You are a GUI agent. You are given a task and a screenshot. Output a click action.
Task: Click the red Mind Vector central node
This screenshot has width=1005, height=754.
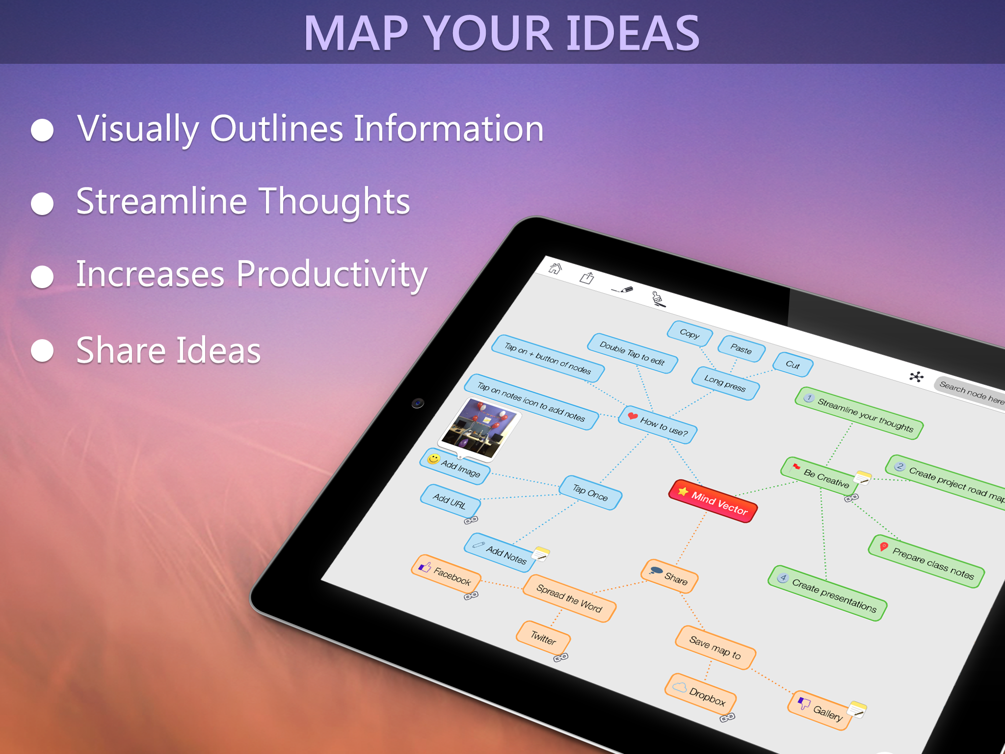click(x=713, y=501)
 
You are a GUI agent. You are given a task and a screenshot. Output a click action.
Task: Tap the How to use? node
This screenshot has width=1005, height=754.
click(x=658, y=425)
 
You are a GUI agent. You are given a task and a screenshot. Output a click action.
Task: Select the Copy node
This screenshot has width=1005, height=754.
click(x=689, y=333)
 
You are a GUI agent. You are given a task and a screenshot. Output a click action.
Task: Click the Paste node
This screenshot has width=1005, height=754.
click(x=741, y=349)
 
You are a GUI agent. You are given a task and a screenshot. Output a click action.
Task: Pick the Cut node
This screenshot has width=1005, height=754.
click(x=793, y=364)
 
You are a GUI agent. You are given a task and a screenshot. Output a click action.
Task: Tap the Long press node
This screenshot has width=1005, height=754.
click(x=725, y=383)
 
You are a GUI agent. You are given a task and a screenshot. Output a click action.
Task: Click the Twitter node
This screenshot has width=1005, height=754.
click(x=543, y=637)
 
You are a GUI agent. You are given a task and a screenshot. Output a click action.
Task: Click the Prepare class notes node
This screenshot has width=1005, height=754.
click(x=926, y=561)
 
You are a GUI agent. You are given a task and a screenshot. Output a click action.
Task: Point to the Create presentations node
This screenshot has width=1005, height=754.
click(x=827, y=593)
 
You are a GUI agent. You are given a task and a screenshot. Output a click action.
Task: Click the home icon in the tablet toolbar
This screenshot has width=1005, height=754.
click(x=555, y=268)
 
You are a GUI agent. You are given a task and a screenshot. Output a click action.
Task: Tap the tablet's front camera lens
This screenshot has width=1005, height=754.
click(x=418, y=403)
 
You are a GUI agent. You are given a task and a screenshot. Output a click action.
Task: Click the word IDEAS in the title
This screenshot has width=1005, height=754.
click(x=633, y=33)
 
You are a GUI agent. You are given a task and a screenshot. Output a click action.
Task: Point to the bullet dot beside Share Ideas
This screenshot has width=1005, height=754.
click(x=42, y=350)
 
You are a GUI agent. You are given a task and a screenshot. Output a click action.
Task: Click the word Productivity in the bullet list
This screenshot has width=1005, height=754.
click(x=332, y=275)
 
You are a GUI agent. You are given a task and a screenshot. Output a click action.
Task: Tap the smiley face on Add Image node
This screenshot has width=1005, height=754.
click(x=433, y=459)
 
